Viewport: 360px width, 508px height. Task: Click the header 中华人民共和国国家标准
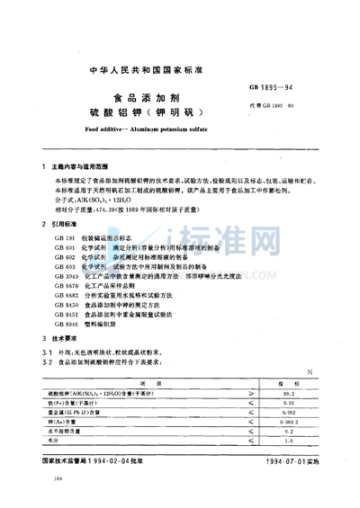coord(179,68)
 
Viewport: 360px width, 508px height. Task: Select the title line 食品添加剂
coord(179,101)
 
